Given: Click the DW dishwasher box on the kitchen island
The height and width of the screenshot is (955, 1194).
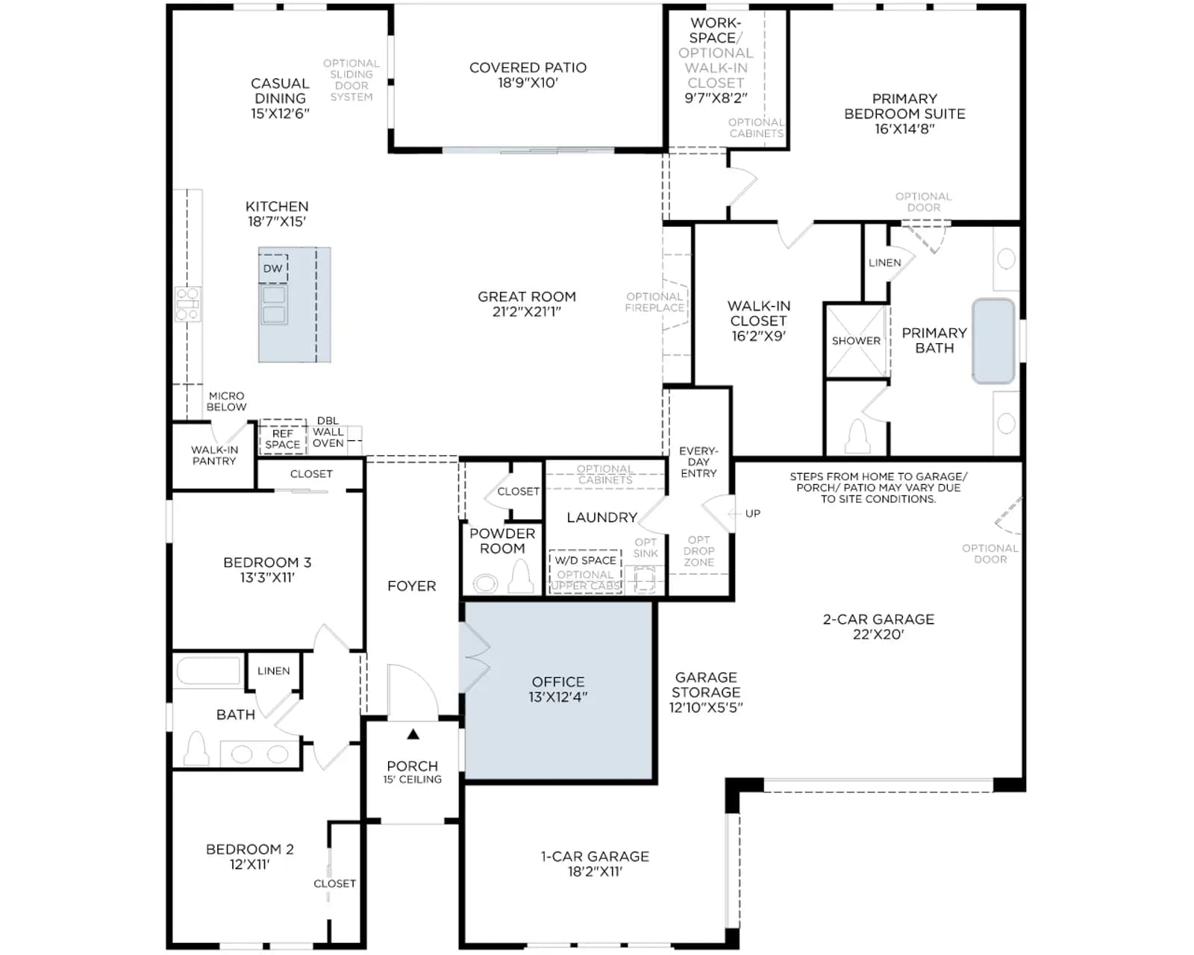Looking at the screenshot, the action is pyautogui.click(x=273, y=269).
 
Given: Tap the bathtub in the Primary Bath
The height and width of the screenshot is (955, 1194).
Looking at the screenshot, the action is pyautogui.click(x=993, y=341).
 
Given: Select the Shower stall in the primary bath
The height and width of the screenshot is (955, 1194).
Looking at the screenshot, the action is pyautogui.click(x=857, y=341).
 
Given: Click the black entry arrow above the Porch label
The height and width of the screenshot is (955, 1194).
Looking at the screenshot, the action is pyautogui.click(x=413, y=734).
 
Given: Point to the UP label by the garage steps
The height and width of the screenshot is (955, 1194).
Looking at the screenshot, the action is pyautogui.click(x=752, y=514).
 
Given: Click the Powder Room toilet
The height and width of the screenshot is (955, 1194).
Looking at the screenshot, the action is pyautogui.click(x=521, y=577).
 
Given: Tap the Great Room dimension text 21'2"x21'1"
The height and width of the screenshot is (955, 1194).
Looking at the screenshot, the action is pyautogui.click(x=527, y=312).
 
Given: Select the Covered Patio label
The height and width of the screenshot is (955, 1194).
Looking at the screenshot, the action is pyautogui.click(x=528, y=68).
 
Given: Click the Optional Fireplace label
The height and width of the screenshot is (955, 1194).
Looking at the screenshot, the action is pyautogui.click(x=654, y=302).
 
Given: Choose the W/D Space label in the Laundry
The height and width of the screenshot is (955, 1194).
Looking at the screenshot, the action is pyautogui.click(x=585, y=560).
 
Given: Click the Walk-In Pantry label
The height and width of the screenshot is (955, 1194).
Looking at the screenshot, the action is pyautogui.click(x=215, y=456).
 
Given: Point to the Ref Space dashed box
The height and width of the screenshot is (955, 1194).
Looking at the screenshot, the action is pyautogui.click(x=283, y=437).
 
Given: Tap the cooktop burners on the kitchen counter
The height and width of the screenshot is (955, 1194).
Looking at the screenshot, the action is pyautogui.click(x=187, y=304).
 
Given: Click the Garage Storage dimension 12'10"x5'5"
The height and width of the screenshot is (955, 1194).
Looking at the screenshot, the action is pyautogui.click(x=706, y=707).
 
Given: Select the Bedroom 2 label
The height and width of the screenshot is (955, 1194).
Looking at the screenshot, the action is pyautogui.click(x=250, y=850).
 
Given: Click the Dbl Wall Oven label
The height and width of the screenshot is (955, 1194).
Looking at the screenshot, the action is pyautogui.click(x=328, y=432).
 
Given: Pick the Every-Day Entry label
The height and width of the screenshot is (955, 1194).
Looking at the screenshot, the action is pyautogui.click(x=698, y=463).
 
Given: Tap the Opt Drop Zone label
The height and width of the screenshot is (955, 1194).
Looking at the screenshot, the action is pyautogui.click(x=698, y=551).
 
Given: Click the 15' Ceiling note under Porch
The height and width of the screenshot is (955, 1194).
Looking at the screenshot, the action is pyautogui.click(x=412, y=780).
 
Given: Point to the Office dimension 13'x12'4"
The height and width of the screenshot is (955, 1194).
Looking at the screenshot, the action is pyautogui.click(x=557, y=697).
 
